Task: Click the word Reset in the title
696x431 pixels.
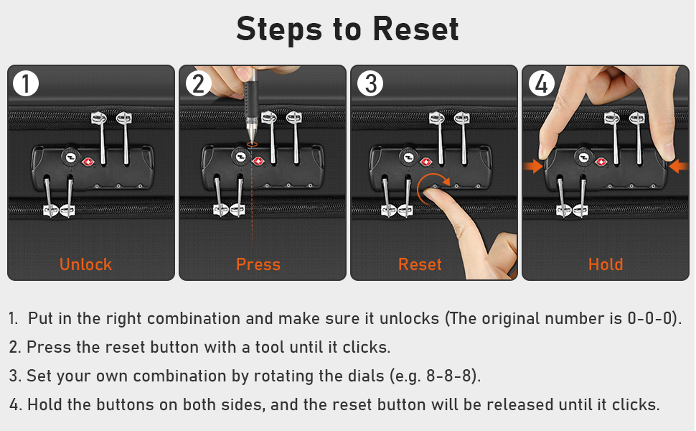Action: point(415,29)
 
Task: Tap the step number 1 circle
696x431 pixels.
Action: point(26,83)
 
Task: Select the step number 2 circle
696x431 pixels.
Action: point(198,83)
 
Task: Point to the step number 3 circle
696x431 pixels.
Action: point(370,83)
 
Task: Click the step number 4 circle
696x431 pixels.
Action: point(542,83)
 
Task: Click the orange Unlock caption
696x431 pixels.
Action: point(85,264)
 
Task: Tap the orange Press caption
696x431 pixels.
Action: point(258,264)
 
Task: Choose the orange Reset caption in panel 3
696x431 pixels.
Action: point(420,264)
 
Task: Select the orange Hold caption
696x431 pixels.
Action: point(606,264)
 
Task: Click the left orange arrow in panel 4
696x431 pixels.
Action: point(532,167)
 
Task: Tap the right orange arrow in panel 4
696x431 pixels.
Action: point(678,167)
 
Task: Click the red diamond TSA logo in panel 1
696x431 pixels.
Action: point(88,162)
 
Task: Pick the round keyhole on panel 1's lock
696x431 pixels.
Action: point(70,157)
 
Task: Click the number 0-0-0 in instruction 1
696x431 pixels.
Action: point(651,319)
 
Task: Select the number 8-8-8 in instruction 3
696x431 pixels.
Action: point(449,376)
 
